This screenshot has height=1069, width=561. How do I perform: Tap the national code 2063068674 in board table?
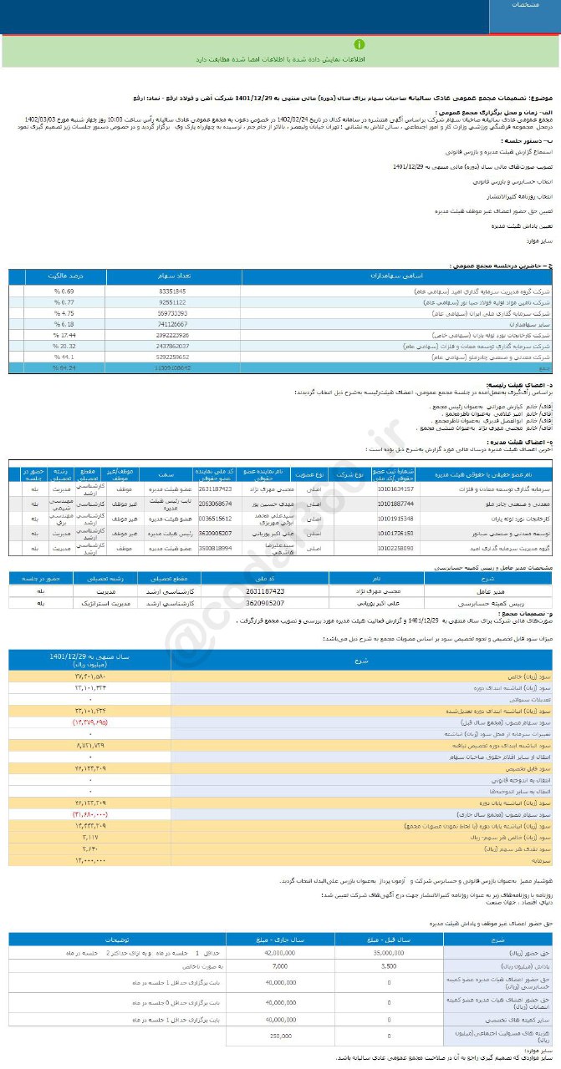pos(216,504)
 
